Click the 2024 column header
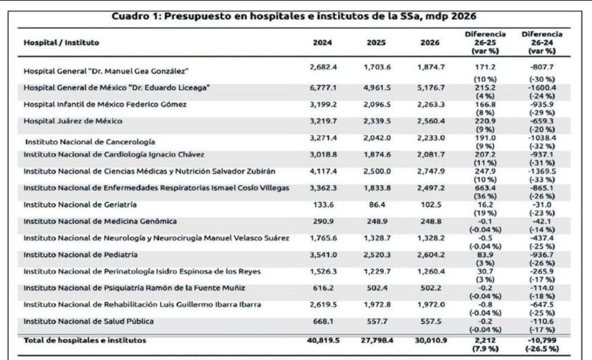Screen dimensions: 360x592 click(322, 43)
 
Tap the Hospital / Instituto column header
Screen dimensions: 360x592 click(61, 43)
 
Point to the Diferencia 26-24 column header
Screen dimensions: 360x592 click(542, 43)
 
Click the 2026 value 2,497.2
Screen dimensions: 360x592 click(431, 187)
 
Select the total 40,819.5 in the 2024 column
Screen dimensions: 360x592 click(320, 341)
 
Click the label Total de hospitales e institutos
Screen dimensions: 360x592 click(84, 341)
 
